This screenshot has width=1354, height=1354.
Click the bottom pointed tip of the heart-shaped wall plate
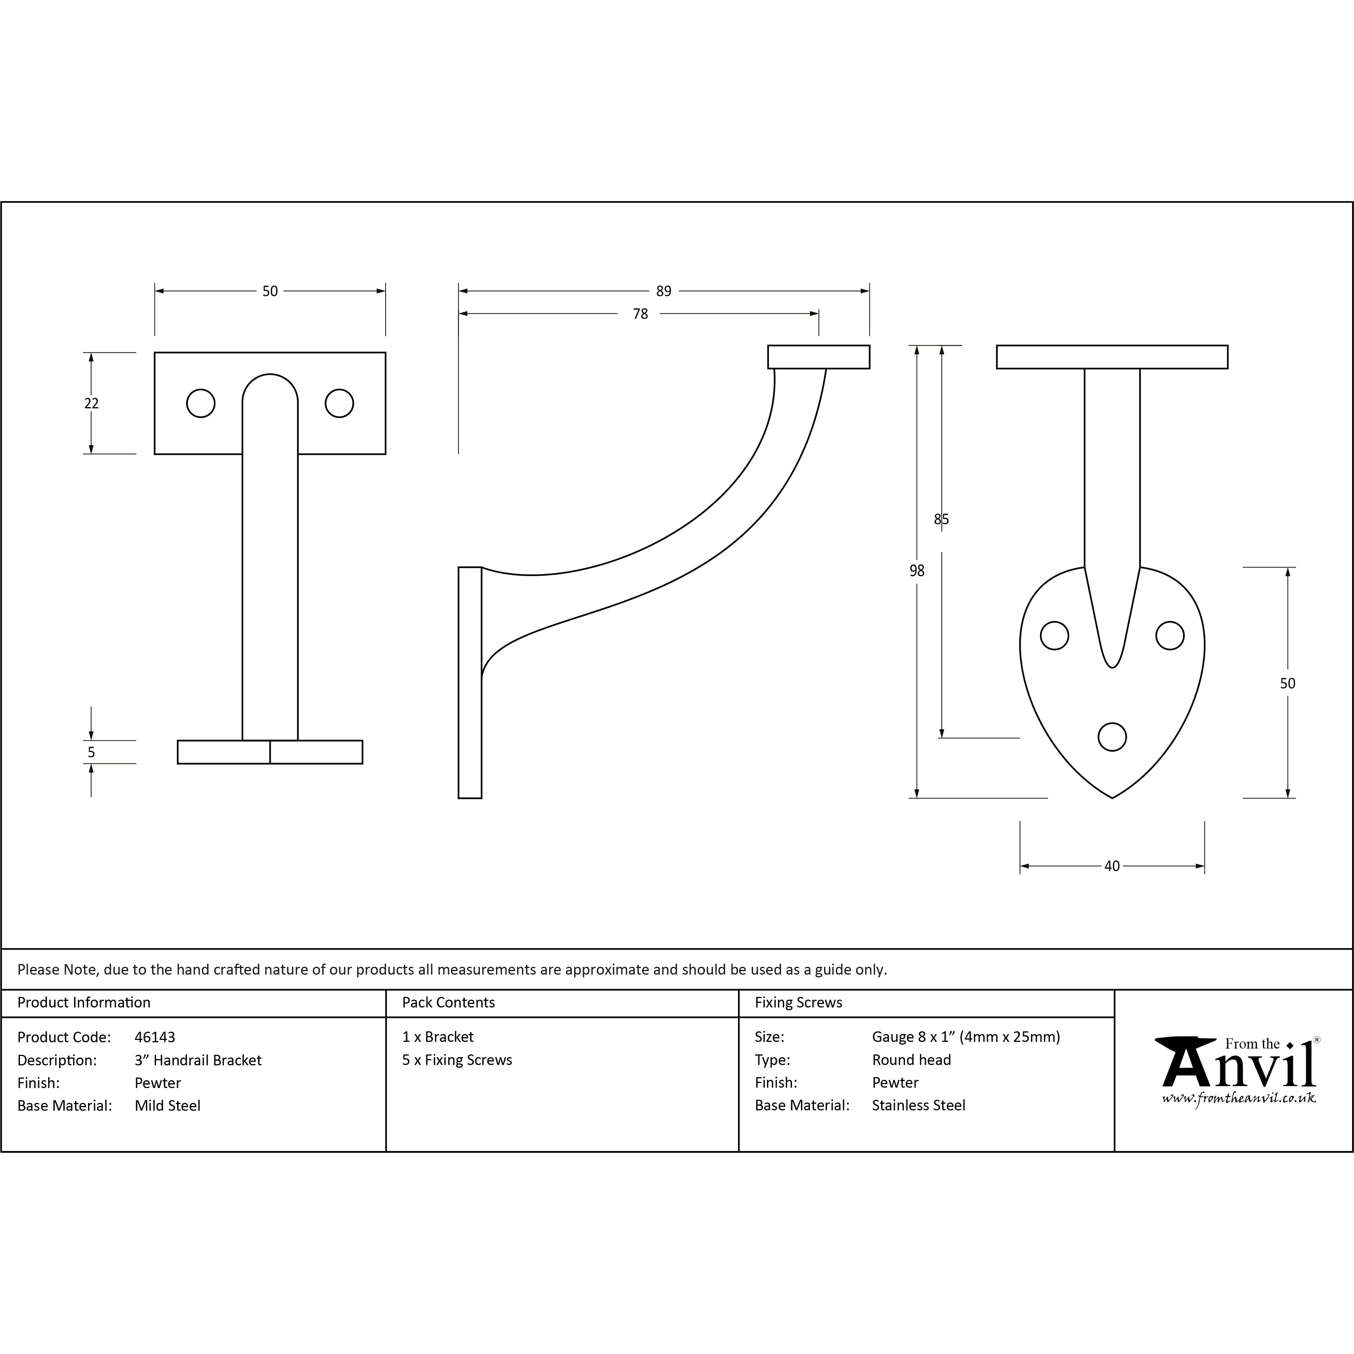point(1112,797)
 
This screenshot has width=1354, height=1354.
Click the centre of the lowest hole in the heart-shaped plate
point(1112,736)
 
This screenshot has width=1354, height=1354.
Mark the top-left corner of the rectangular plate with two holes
point(155,352)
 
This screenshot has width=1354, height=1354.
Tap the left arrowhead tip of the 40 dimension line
point(1020,866)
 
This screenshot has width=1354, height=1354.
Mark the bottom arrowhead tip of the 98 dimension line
point(917,797)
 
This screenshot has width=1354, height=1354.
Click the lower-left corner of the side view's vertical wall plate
point(459,797)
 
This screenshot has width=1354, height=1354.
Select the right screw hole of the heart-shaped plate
point(1170,636)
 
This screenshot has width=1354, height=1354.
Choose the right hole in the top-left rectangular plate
point(339,403)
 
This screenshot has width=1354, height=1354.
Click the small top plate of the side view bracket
point(819,357)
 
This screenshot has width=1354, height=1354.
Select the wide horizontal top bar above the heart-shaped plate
point(1112,357)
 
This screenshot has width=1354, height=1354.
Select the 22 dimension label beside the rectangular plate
point(91,403)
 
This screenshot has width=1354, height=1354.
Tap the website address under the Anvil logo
point(1238,1098)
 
